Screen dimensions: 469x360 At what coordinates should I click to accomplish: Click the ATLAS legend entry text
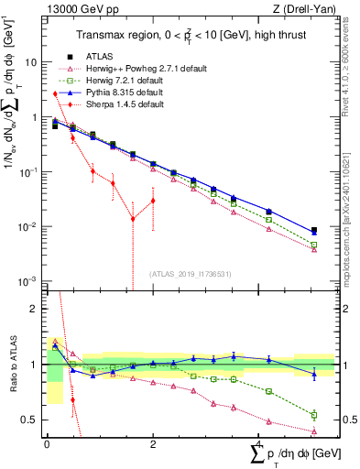point(98,56)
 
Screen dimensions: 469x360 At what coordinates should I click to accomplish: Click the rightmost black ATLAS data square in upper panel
point(314,231)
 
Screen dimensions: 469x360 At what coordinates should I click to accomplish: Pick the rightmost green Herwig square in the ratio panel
point(314,415)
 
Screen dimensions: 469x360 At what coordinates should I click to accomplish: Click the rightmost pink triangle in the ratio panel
point(314,431)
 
